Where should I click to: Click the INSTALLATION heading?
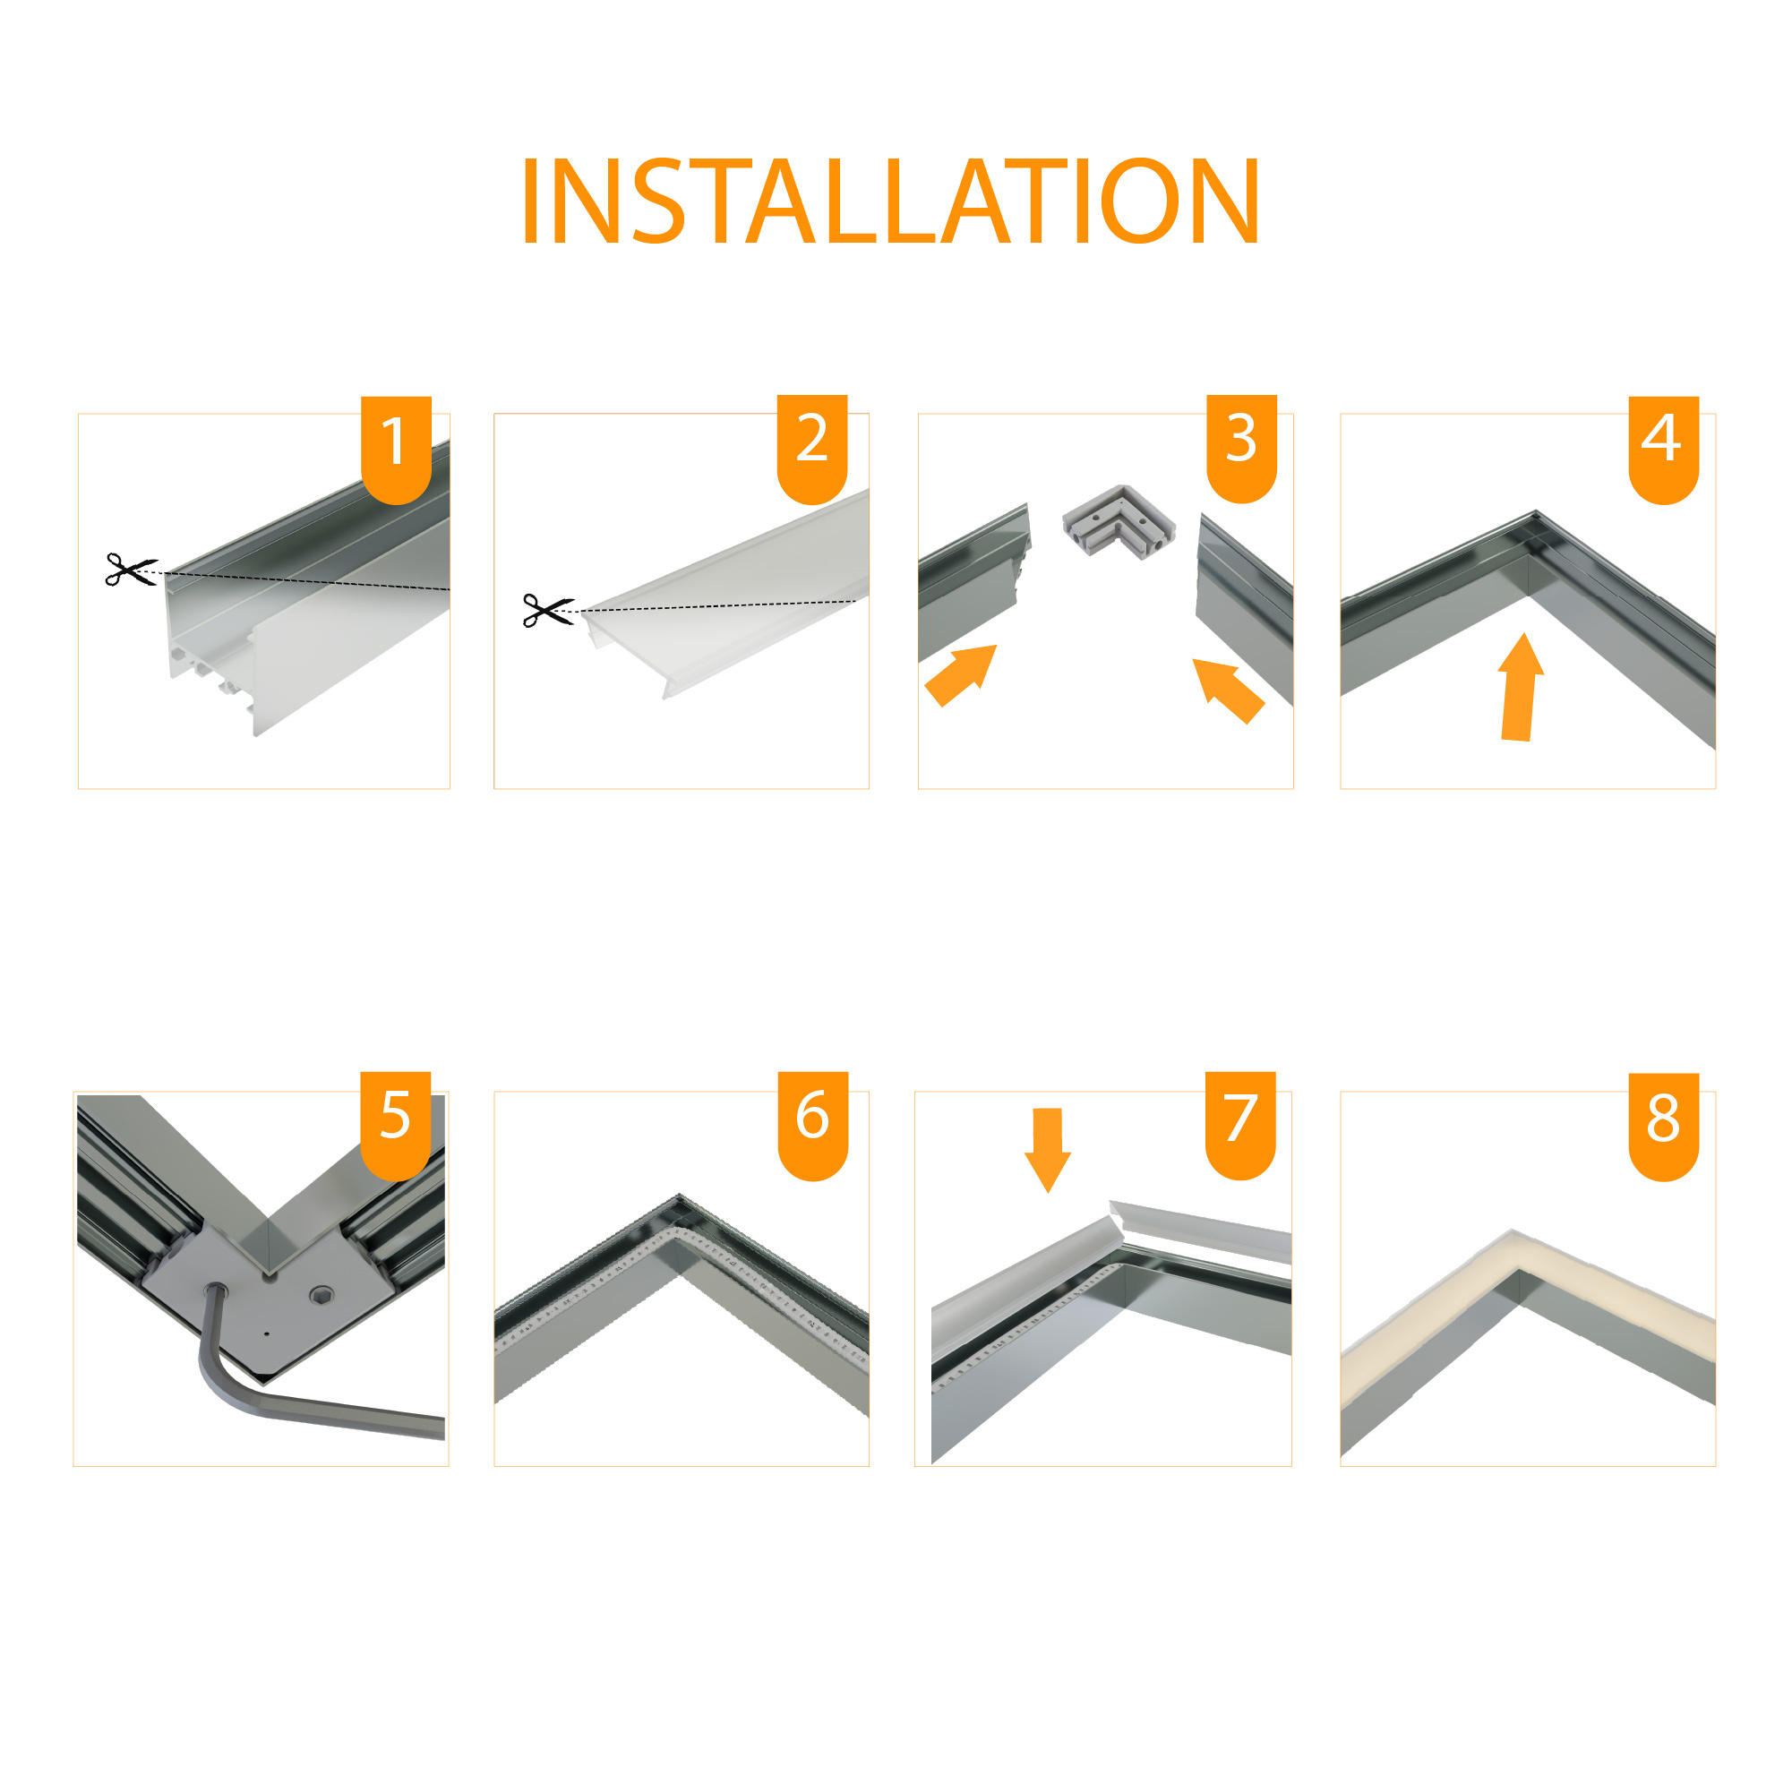[890, 201]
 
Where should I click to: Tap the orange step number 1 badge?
[396, 450]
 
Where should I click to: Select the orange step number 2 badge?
[812, 449]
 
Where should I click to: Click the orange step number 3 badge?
[1242, 449]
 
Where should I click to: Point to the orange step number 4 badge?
[1664, 450]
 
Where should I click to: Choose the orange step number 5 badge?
[396, 1126]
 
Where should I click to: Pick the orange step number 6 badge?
[813, 1126]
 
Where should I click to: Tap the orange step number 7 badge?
[1241, 1125]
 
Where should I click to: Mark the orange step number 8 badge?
[1664, 1127]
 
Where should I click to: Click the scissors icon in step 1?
[131, 570]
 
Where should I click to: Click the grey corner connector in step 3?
[1119, 522]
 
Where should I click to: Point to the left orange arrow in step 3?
[961, 675]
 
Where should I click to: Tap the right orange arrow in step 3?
[1228, 690]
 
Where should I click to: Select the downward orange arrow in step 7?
[1047, 1150]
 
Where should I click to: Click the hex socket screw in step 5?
[321, 1294]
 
